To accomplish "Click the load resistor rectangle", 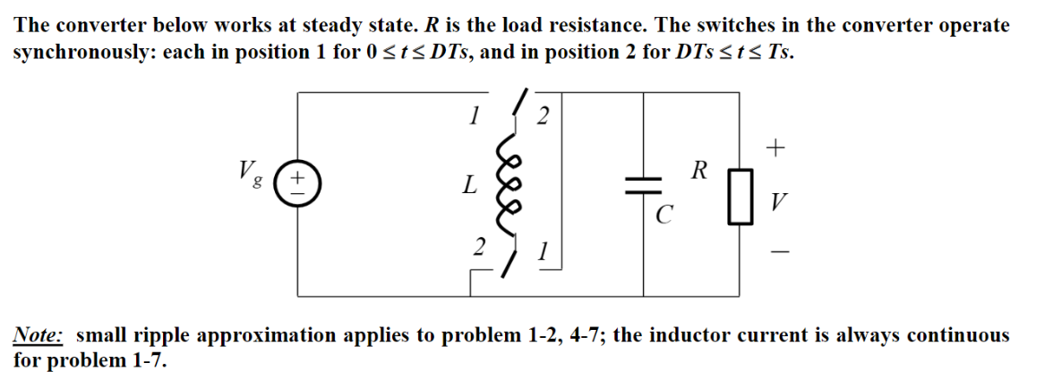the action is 740,196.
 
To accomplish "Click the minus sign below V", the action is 777,254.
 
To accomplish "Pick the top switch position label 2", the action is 543,116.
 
